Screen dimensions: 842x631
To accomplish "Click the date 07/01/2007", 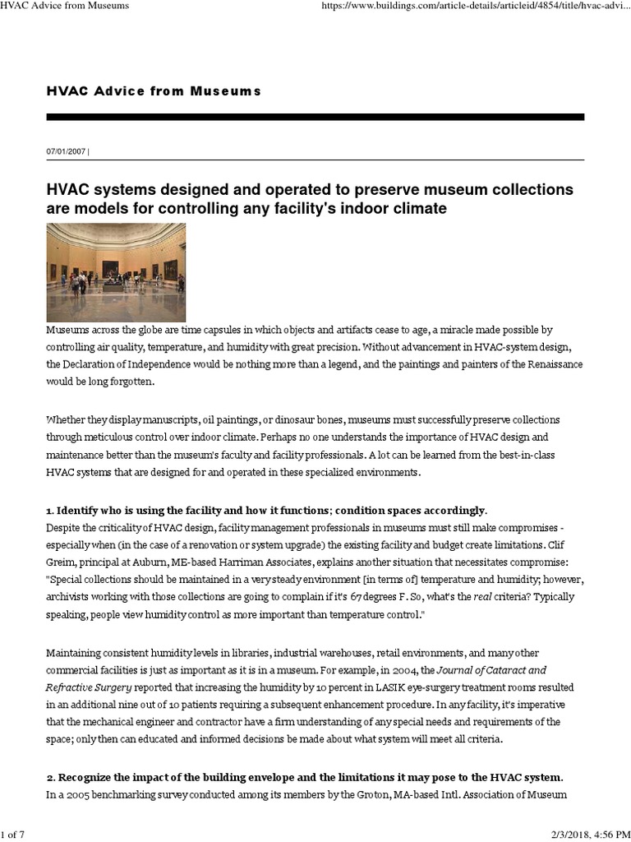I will (65, 151).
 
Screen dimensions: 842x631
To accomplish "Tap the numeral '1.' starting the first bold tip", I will (49, 511).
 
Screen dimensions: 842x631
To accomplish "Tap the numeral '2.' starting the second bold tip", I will (49, 778).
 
